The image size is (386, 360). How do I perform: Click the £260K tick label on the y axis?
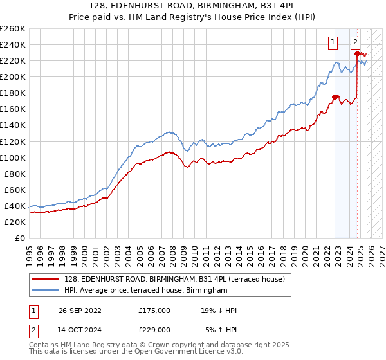13,29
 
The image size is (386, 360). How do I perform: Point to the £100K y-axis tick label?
13,157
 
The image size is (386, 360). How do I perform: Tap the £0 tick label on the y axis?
20,238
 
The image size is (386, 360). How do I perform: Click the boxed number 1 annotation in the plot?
333,43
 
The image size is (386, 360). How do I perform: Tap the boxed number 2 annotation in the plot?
356,43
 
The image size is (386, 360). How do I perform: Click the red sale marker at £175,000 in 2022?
335,97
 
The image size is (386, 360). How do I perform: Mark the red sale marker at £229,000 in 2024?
358,53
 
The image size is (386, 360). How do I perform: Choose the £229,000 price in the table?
154,330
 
